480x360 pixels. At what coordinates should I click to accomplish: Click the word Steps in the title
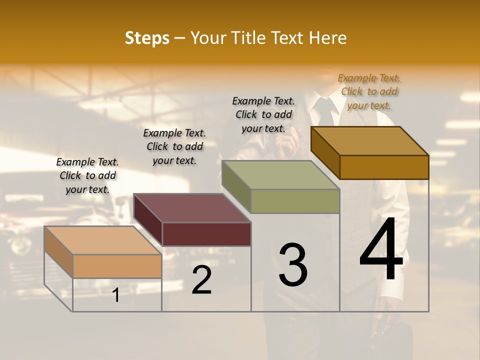(x=147, y=38)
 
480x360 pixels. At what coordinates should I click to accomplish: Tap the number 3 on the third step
(x=293, y=265)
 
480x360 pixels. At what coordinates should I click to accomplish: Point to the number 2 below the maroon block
(x=202, y=280)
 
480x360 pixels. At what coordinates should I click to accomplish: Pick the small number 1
(x=116, y=295)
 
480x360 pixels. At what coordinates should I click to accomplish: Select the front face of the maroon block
(x=206, y=234)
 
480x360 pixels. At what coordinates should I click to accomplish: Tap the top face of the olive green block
(x=281, y=175)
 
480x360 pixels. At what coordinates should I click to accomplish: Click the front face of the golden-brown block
(x=384, y=167)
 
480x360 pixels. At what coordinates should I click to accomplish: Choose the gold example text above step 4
(x=369, y=91)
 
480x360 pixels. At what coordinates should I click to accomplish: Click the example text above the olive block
(x=263, y=114)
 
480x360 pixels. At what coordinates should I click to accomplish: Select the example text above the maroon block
(x=174, y=146)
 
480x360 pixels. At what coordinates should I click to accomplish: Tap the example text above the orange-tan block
(x=87, y=175)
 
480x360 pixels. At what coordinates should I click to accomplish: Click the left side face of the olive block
(x=236, y=186)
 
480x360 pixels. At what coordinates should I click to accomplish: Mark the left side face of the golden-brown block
(x=325, y=152)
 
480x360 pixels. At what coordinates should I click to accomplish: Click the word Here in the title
(x=328, y=38)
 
